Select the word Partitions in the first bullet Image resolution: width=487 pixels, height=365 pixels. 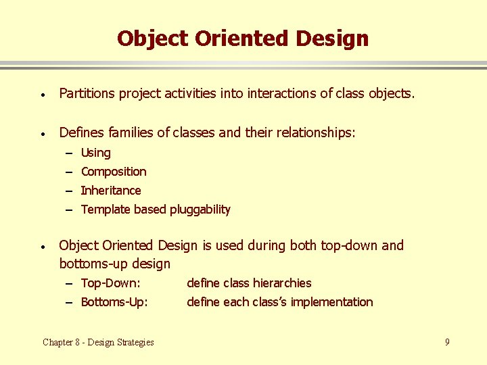click(87, 94)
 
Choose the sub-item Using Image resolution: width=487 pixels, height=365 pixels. click(95, 153)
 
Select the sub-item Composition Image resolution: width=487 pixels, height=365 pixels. click(113, 172)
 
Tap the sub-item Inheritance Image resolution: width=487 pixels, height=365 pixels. click(111, 191)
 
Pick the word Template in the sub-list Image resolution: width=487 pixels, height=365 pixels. click(105, 210)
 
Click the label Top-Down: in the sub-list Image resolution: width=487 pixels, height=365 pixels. click(110, 283)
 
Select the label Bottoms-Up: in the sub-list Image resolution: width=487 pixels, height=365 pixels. click(114, 302)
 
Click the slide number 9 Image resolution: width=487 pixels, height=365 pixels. click(447, 342)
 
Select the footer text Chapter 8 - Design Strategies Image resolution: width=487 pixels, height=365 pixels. click(98, 342)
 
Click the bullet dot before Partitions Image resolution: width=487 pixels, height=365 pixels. click(42, 95)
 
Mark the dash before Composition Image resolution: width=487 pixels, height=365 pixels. click(69, 172)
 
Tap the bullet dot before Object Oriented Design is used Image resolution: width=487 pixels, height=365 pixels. click(42, 246)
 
